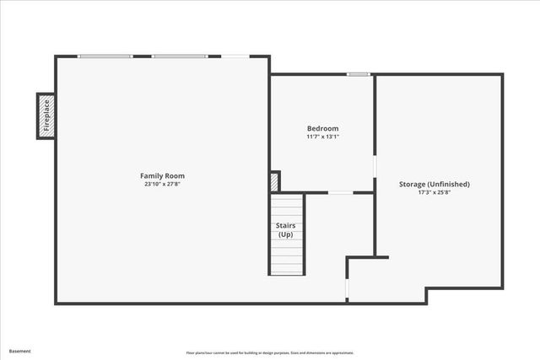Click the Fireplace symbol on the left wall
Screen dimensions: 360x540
(x=46, y=115)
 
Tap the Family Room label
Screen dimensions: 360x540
(x=162, y=175)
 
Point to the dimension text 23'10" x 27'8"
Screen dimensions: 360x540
(x=162, y=184)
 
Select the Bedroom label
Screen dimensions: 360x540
(x=322, y=128)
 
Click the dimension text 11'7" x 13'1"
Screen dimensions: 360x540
(x=322, y=137)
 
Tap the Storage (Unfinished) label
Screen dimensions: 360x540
(x=434, y=184)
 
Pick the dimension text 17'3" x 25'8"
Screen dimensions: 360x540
(x=434, y=192)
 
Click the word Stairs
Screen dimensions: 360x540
(x=285, y=225)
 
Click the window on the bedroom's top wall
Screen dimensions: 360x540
(x=359, y=75)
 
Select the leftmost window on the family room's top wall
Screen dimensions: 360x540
(x=105, y=56)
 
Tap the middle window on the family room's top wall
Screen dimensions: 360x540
(x=179, y=56)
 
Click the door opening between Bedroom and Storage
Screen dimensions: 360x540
(x=375, y=164)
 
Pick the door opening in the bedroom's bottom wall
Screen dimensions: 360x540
(x=340, y=193)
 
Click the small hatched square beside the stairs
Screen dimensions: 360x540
(x=274, y=181)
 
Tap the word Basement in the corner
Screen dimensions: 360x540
(x=20, y=351)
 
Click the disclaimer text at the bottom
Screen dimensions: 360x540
(x=270, y=352)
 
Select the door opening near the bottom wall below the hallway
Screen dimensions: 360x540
(x=347, y=287)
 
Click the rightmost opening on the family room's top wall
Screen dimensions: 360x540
(x=235, y=56)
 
